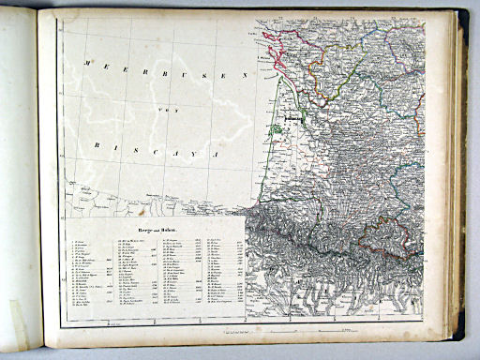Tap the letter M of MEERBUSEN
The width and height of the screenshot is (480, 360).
tap(85, 62)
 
